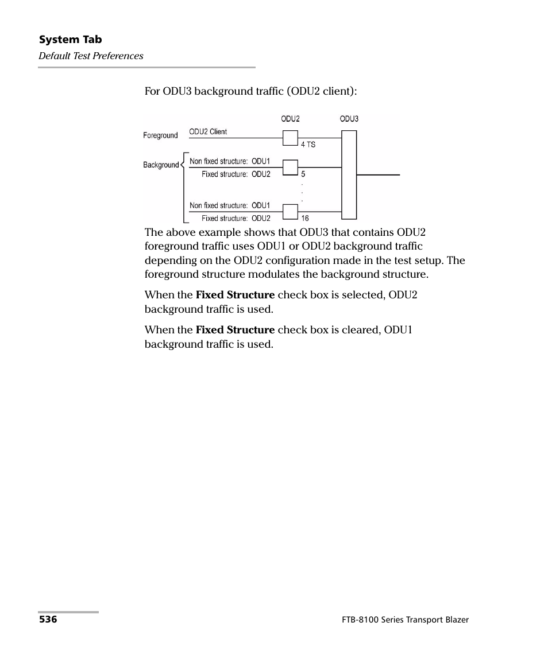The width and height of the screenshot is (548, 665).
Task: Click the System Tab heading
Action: tap(70, 40)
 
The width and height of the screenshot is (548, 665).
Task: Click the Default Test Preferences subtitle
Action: tap(91, 56)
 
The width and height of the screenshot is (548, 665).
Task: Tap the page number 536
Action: tap(48, 620)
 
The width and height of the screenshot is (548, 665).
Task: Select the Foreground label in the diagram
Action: tap(160, 135)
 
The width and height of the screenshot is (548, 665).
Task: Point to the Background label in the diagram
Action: tap(161, 165)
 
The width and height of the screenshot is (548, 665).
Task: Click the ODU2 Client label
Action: tap(208, 131)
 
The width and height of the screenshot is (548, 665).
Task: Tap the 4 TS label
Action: tap(308, 145)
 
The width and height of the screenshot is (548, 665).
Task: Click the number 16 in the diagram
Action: tap(305, 218)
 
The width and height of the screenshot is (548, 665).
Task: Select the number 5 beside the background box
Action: tap(303, 174)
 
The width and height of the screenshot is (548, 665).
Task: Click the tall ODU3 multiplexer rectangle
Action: tap(349, 174)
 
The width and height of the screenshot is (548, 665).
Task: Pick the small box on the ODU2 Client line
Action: tap(290, 138)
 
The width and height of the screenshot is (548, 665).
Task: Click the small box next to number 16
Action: tap(290, 212)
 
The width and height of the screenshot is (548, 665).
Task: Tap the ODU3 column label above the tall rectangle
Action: tap(349, 119)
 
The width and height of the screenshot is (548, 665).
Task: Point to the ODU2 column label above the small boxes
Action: tap(290, 119)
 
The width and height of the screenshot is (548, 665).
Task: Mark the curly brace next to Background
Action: tap(184, 187)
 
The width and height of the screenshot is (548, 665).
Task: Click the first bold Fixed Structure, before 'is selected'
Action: tap(235, 295)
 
